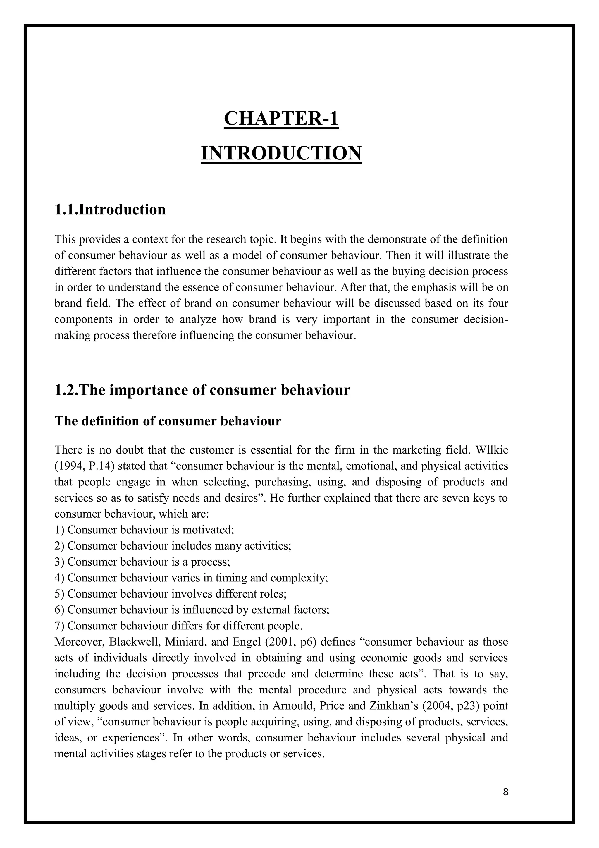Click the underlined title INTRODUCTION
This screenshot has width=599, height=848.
point(281,153)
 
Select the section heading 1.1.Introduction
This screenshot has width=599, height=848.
point(110,210)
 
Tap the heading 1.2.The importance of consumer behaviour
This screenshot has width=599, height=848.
point(202,390)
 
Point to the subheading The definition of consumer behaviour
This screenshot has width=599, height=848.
point(168,421)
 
